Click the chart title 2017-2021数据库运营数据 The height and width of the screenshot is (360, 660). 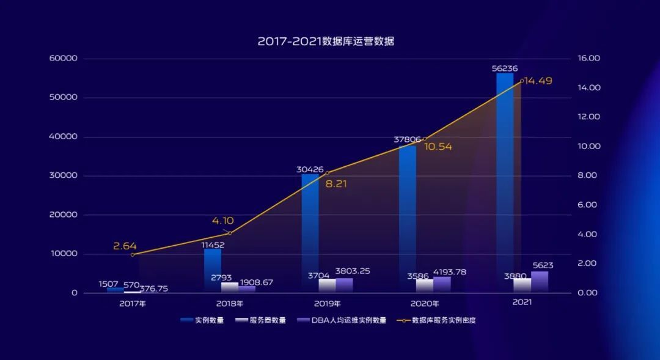click(326, 42)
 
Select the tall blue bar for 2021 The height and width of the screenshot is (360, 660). click(505, 183)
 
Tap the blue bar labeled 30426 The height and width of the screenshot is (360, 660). click(310, 232)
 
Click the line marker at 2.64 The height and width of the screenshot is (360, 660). click(133, 254)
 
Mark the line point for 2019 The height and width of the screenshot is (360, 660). click(328, 173)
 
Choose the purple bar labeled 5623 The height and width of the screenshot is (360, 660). click(540, 282)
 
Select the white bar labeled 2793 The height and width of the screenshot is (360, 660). click(230, 287)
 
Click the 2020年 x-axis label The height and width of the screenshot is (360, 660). click(425, 303)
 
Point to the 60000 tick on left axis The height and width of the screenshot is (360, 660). click(64, 59)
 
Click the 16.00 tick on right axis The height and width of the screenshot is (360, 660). click(588, 59)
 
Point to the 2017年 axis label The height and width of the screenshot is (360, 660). click(133, 303)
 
